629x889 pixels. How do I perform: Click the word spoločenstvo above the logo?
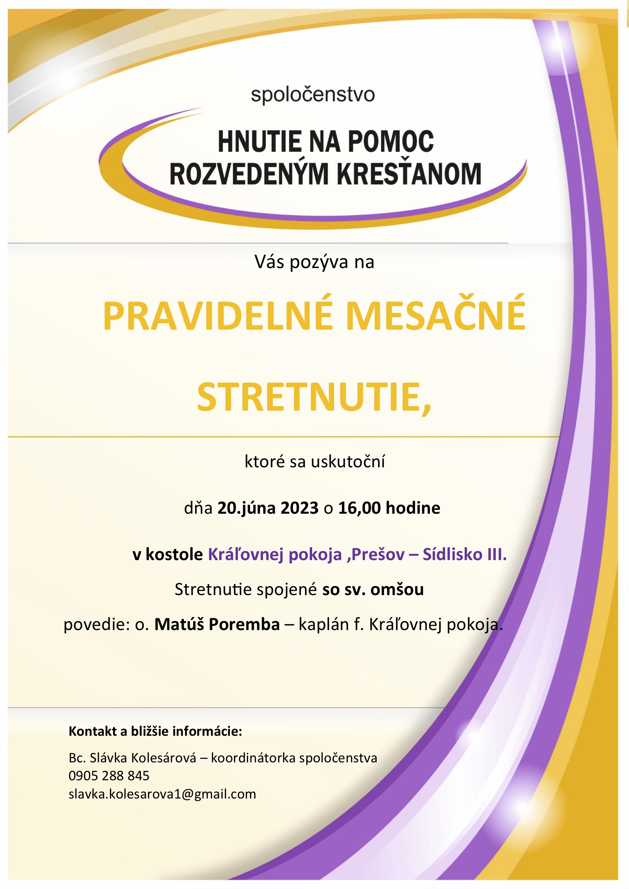pyautogui.click(x=313, y=95)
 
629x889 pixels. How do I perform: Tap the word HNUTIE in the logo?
pyautogui.click(x=260, y=142)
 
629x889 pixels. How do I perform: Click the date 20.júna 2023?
pyautogui.click(x=268, y=508)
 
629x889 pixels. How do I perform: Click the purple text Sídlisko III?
pyautogui.click(x=464, y=554)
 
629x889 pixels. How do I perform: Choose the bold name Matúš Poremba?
pyautogui.click(x=217, y=624)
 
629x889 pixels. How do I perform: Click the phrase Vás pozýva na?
pyautogui.click(x=314, y=262)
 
